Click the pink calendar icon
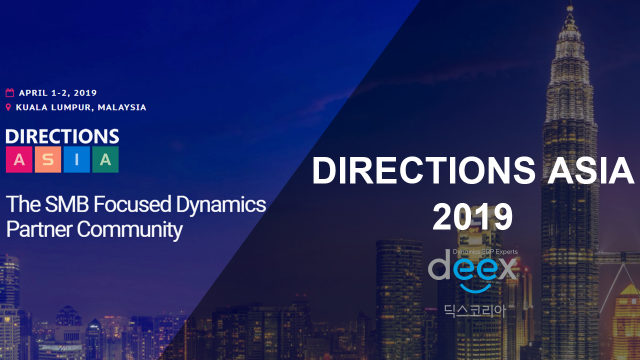tap(9, 92)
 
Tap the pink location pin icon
tap(8, 107)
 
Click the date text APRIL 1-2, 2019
tap(58, 93)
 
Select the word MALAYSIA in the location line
tap(122, 107)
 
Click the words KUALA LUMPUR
tap(53, 107)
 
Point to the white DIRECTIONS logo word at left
tap(62, 136)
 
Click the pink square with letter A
tap(19, 159)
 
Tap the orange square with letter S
tap(48, 159)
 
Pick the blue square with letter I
tap(76, 159)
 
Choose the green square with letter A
tap(105, 159)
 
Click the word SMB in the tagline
tap(67, 204)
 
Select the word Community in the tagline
tap(129, 229)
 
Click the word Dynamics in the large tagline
tap(221, 205)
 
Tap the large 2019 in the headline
tap(473, 216)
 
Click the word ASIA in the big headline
tap(590, 170)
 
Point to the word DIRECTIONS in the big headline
tap(424, 170)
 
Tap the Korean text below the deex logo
tap(475, 311)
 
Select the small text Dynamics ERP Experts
tap(485, 251)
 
